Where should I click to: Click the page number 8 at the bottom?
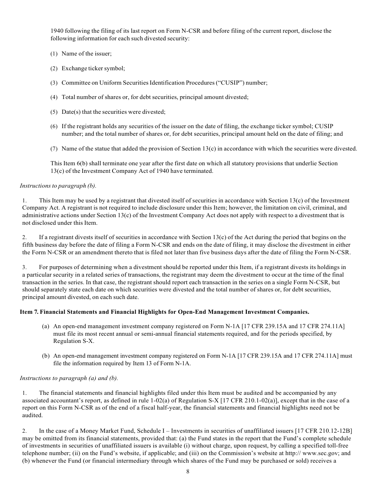188,471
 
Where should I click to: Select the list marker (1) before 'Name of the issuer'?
54,53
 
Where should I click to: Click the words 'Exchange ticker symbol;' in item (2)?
93,68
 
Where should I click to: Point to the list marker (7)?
54,148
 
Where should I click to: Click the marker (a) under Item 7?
46,326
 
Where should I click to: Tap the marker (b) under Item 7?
46,356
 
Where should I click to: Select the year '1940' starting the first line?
57,31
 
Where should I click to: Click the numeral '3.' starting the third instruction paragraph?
24,267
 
